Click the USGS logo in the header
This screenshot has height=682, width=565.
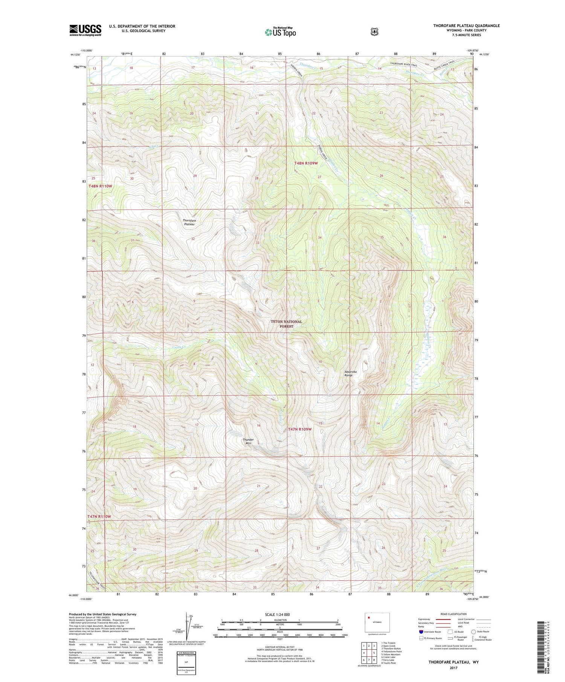click(85, 30)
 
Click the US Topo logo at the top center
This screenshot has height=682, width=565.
click(280, 32)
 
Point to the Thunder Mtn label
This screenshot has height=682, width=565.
click(248, 441)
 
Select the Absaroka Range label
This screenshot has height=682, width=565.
click(350, 373)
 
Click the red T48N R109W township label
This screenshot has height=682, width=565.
click(306, 163)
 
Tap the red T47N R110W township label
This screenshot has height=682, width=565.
click(99, 516)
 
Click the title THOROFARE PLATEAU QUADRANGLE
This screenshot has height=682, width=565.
click(466, 26)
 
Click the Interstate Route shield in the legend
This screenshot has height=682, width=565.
click(421, 632)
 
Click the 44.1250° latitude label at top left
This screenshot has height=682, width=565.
click(75, 55)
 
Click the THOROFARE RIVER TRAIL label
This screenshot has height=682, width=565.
click(404, 64)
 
